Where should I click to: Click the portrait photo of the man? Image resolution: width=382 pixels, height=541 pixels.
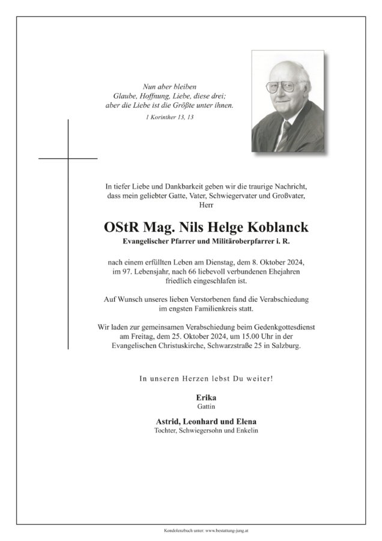coord(288,101)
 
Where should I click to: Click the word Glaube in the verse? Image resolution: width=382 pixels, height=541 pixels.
coord(124,96)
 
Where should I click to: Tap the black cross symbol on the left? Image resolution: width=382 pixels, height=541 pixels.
coord(68,159)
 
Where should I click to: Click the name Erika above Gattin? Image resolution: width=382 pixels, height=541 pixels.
coord(205,398)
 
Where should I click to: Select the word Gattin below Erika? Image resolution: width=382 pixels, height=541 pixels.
coord(205,406)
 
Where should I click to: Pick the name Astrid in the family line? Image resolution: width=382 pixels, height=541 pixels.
coord(154,422)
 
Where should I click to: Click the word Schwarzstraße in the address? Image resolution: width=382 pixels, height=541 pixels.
coord(231,347)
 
